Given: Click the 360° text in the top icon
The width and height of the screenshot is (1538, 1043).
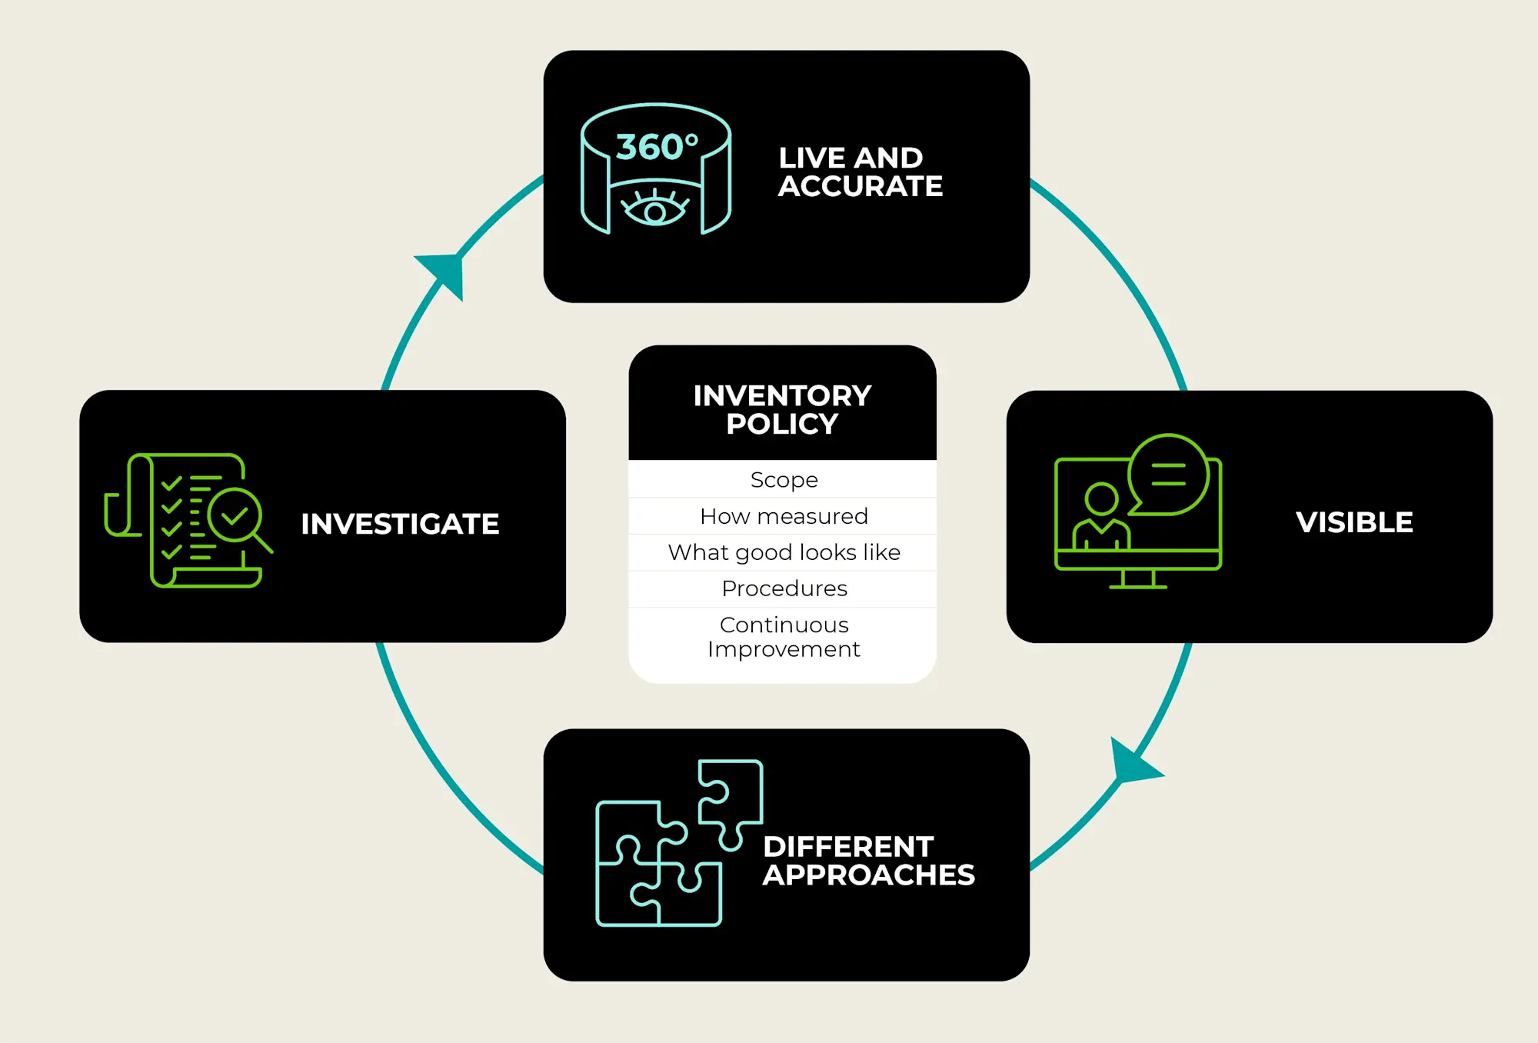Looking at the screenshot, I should [x=656, y=147].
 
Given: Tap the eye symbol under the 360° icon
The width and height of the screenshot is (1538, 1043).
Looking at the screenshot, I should [x=655, y=209].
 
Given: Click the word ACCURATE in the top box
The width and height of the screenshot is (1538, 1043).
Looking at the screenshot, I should [x=860, y=186].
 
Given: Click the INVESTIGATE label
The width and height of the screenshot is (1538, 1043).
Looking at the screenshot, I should [x=400, y=524].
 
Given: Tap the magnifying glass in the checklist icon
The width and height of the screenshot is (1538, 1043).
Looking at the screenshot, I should [x=238, y=517].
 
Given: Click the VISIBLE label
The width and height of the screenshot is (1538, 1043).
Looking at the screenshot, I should [x=1353, y=522].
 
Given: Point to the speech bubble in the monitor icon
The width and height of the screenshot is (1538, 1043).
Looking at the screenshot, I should [x=1168, y=475].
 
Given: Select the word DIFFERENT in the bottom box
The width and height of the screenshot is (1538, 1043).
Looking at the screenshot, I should [x=848, y=847].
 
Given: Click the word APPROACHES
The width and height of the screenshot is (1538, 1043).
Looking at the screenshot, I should [x=868, y=875].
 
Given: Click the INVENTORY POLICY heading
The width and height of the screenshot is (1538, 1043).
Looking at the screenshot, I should [x=782, y=409].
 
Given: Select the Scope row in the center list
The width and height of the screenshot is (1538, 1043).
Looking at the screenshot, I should [x=784, y=479].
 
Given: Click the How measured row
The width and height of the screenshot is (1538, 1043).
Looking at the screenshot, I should [x=784, y=516].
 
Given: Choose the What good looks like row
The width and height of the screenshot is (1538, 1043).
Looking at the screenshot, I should [x=784, y=552].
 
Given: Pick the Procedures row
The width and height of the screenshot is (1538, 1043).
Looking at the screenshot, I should [x=784, y=588].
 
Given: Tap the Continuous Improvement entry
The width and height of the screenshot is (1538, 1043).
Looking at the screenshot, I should [x=784, y=637].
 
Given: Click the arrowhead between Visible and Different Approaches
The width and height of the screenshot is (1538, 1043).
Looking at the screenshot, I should [x=1132, y=763].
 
